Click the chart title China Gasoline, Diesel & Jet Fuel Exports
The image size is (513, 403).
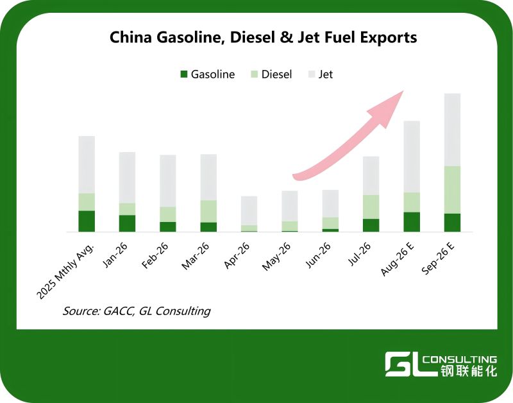(x=263, y=37)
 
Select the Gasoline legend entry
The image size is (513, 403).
(x=207, y=74)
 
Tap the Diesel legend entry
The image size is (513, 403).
(x=271, y=74)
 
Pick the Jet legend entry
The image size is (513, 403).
(x=321, y=74)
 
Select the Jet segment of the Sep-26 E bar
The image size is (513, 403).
(x=452, y=130)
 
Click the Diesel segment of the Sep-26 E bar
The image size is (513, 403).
(x=452, y=190)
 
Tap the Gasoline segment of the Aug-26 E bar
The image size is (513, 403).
(x=412, y=222)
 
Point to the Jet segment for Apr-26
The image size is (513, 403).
(x=249, y=210)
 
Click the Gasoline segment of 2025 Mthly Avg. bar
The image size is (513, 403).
(x=87, y=221)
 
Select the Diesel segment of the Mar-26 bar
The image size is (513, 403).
(x=208, y=212)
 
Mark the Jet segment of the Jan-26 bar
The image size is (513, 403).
(x=127, y=178)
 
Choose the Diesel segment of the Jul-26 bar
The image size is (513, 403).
(x=371, y=207)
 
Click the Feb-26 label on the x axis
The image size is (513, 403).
(x=155, y=255)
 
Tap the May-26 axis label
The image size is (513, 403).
(x=276, y=257)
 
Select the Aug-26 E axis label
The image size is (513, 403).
(x=398, y=259)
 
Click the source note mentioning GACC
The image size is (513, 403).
(x=137, y=311)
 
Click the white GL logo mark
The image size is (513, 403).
(x=403, y=364)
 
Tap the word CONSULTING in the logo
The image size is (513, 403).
(x=459, y=360)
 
